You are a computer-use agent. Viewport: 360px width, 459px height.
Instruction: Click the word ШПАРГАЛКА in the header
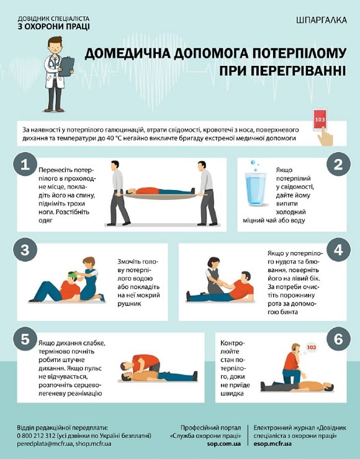(x=322, y=20)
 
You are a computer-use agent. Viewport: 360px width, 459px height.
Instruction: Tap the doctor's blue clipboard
(x=67, y=66)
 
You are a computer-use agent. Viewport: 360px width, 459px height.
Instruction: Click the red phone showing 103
(x=320, y=120)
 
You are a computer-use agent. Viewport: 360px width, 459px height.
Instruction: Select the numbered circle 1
(x=25, y=164)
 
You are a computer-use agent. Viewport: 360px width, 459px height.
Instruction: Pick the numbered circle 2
(x=338, y=164)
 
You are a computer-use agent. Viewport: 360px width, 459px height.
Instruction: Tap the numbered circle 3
(x=25, y=250)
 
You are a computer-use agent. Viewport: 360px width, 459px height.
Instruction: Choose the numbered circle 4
(x=338, y=250)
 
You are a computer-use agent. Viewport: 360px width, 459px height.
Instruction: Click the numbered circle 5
(x=25, y=339)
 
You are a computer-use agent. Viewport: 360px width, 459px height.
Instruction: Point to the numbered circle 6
(x=338, y=339)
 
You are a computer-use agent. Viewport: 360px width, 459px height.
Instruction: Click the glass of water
(x=256, y=189)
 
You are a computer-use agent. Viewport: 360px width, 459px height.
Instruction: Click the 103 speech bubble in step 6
(x=312, y=347)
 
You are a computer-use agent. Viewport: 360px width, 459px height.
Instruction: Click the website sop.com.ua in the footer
(x=223, y=443)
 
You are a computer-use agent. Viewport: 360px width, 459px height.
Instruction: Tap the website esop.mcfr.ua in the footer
(x=272, y=443)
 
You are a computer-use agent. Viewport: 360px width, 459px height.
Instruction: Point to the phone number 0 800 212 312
(x=36, y=435)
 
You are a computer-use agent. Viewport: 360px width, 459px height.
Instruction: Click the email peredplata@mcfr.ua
(x=45, y=443)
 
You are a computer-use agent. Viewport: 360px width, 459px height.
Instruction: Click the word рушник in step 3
(x=130, y=304)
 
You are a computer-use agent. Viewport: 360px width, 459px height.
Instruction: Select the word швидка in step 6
(x=232, y=393)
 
